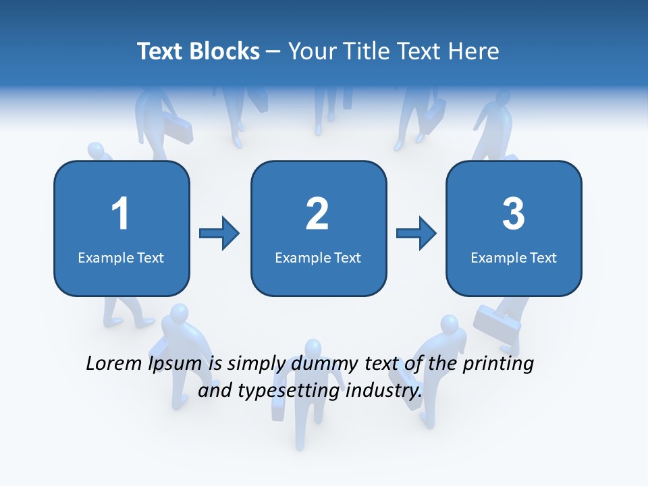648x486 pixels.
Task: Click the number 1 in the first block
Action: pos(120,214)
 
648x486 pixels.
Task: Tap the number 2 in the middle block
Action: pos(317,214)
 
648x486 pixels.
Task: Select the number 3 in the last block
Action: pos(514,214)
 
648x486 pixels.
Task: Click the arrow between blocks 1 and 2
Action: pos(219,234)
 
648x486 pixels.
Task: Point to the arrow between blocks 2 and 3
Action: pos(416,234)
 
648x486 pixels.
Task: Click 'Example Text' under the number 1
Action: pos(121,257)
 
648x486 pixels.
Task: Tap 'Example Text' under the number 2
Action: pos(318,257)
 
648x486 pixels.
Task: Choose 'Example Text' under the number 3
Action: pos(514,257)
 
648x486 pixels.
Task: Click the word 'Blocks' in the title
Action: pos(224,51)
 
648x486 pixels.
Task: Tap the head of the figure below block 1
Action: pos(179,313)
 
